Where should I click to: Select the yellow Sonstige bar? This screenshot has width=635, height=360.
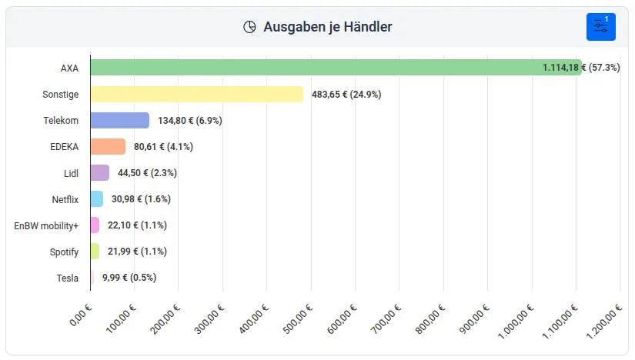pyautogui.click(x=196, y=94)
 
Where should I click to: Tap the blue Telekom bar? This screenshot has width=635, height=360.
pyautogui.click(x=119, y=120)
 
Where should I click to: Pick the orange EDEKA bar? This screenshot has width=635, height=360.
pyautogui.click(x=108, y=146)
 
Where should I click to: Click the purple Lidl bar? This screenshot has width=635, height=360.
pyautogui.click(x=99, y=172)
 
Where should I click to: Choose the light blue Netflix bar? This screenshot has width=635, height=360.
pyautogui.click(x=96, y=198)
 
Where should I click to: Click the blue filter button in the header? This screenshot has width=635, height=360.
pyautogui.click(x=600, y=27)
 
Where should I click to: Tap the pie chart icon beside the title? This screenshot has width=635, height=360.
pyautogui.click(x=249, y=27)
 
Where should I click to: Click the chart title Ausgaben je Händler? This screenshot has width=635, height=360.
pyautogui.click(x=327, y=27)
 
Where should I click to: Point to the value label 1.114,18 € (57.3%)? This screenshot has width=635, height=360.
pyautogui.click(x=580, y=68)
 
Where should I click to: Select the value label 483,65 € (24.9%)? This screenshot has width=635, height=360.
pyautogui.click(x=346, y=94)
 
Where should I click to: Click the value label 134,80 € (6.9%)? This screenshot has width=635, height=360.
pyautogui.click(x=190, y=120)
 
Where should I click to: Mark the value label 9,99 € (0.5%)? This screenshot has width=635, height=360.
pyautogui.click(x=129, y=277)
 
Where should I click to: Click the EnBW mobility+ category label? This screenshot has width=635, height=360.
pyautogui.click(x=46, y=225)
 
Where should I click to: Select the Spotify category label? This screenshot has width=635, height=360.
pyautogui.click(x=64, y=252)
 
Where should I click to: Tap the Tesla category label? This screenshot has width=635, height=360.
pyautogui.click(x=68, y=278)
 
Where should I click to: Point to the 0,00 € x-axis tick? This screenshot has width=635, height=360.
pyautogui.click(x=82, y=315)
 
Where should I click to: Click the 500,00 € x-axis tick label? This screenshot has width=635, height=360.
pyautogui.click(x=301, y=318)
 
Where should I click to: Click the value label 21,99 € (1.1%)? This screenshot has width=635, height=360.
pyautogui.click(x=137, y=251)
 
